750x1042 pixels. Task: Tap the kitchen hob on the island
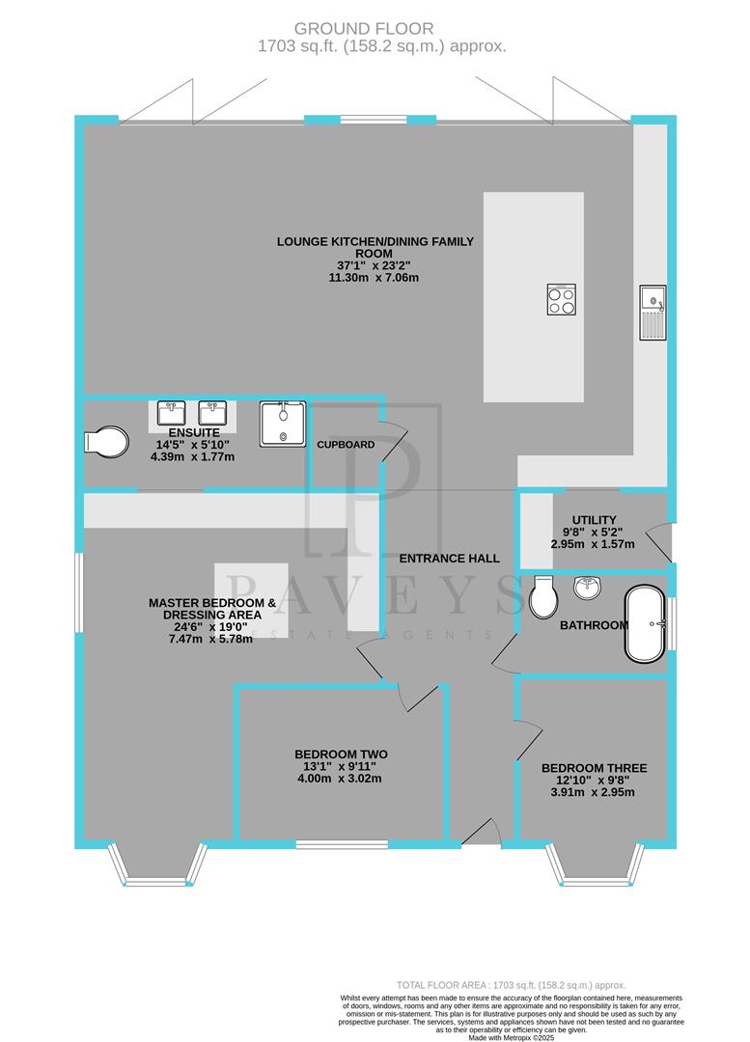[562, 299]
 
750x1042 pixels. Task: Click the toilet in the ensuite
[106, 443]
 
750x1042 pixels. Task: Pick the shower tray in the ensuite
[283, 424]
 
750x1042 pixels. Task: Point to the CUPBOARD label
[345, 445]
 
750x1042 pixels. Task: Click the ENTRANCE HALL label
[450, 558]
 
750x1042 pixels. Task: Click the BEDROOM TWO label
[341, 754]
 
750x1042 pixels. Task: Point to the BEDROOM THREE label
[594, 768]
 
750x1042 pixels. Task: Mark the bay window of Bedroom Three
[594, 866]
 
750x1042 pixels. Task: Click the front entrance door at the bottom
[480, 832]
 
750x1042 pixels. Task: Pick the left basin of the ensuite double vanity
[172, 415]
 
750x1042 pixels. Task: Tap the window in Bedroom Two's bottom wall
[341, 844]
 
